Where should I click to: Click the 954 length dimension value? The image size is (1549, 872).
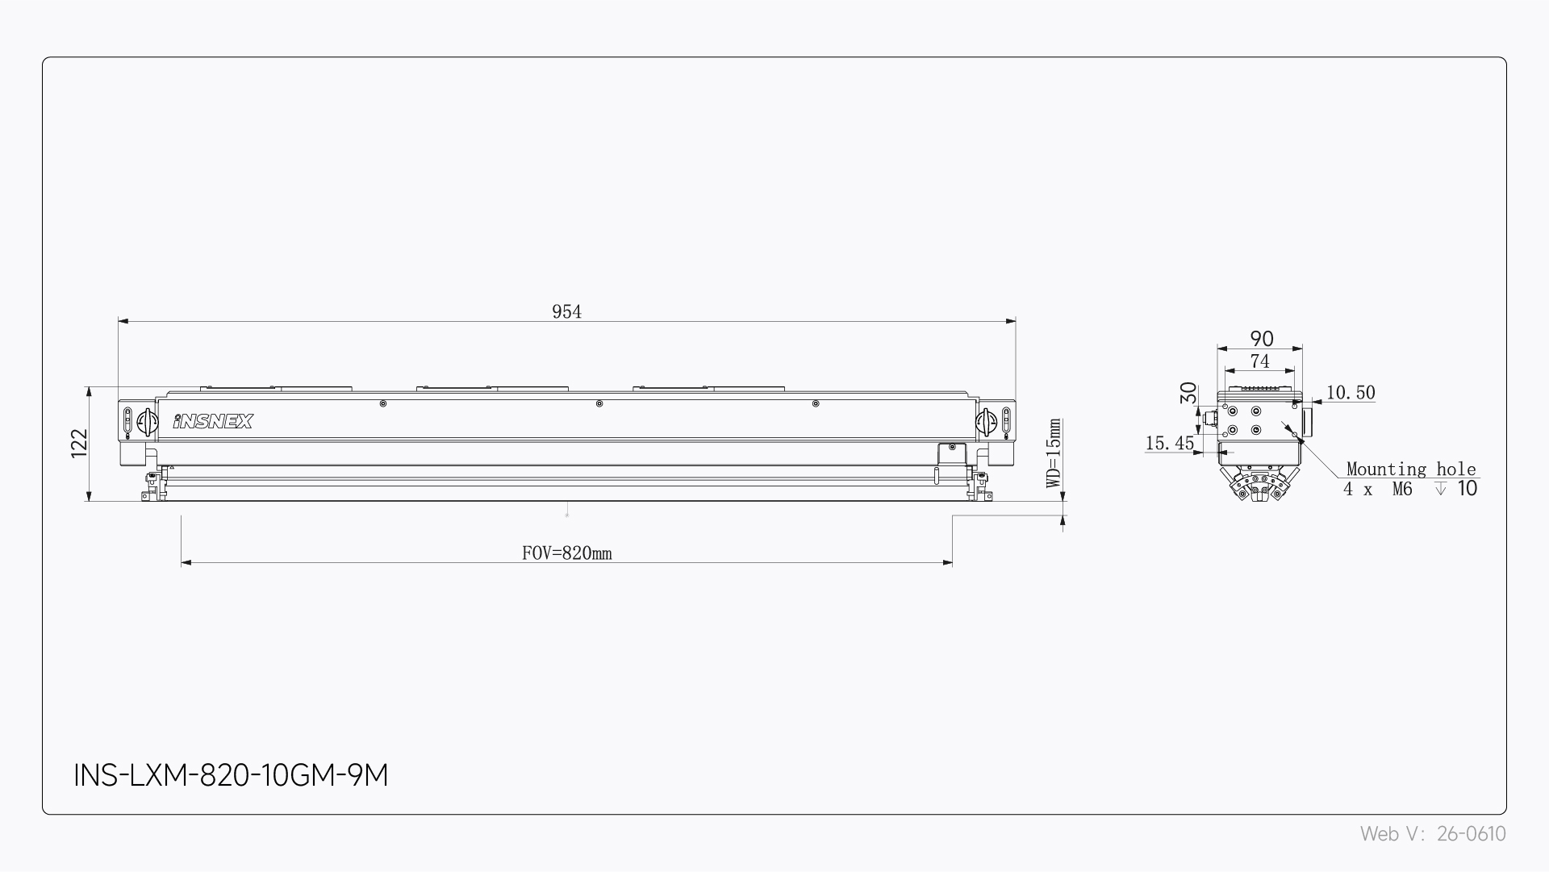pyautogui.click(x=566, y=311)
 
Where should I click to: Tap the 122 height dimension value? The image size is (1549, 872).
pyautogui.click(x=79, y=443)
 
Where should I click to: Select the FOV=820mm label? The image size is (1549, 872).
pyautogui.click(x=566, y=553)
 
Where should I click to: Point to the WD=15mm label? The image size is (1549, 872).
pyautogui.click(x=1054, y=453)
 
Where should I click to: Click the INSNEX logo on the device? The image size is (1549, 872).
pyautogui.click(x=213, y=421)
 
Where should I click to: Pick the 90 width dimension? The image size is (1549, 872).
pyautogui.click(x=1261, y=339)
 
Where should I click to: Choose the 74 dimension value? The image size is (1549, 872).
pyautogui.click(x=1259, y=361)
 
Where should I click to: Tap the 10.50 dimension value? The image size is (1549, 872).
pyautogui.click(x=1351, y=393)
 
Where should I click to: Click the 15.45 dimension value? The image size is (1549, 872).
pyautogui.click(x=1169, y=443)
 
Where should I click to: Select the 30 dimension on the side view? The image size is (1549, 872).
pyautogui.click(x=1188, y=393)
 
